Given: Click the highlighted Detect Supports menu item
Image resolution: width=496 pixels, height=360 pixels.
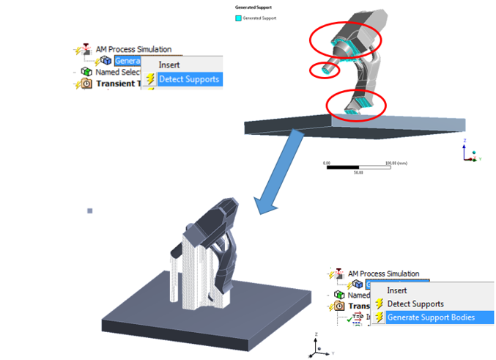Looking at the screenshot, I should pos(188,78).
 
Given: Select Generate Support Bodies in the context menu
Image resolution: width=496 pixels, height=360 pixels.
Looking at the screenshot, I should pos(430,317).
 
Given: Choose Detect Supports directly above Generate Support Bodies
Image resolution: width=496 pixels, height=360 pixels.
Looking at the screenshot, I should pos(415,304).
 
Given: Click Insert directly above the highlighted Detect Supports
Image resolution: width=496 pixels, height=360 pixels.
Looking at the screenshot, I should pos(169,65).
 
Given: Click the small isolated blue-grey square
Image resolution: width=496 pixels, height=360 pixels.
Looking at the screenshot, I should pos(90,211).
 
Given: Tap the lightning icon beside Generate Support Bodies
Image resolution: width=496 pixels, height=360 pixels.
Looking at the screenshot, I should pos(379,317).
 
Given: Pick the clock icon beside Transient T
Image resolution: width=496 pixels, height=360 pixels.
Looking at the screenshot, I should pos(86,84).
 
